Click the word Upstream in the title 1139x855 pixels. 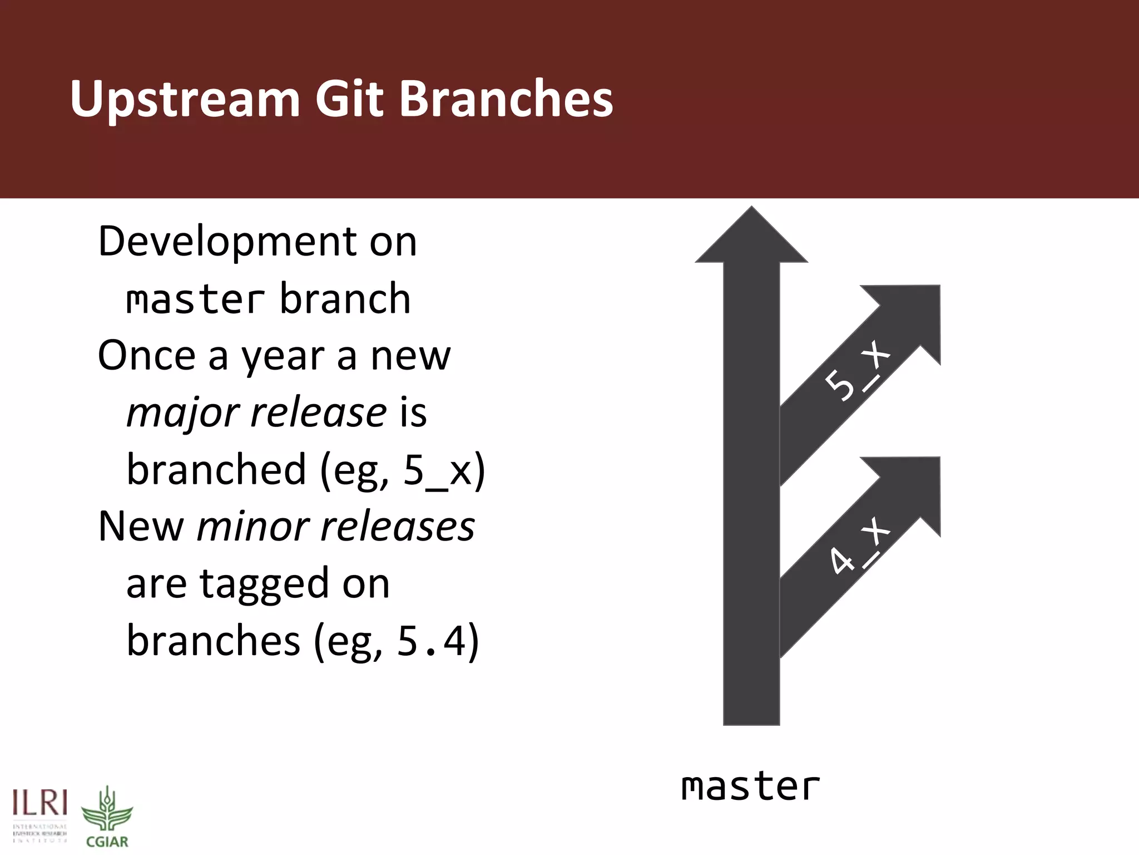(x=185, y=100)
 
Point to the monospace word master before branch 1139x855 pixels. (x=195, y=299)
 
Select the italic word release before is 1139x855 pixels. (x=318, y=412)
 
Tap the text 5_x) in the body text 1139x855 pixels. (x=444, y=470)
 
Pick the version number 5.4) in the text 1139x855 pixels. (x=437, y=641)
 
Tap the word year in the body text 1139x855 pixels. (x=283, y=356)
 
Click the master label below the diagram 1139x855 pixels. (x=750, y=787)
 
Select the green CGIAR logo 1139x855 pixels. (x=107, y=817)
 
